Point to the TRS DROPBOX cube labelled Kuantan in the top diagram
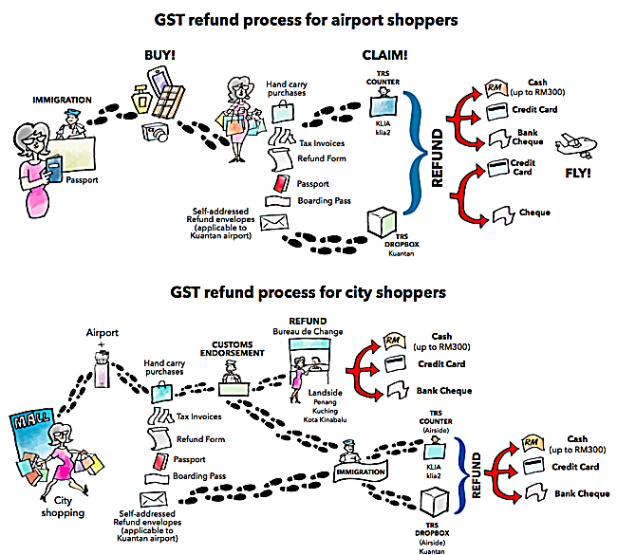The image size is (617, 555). [383, 220]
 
